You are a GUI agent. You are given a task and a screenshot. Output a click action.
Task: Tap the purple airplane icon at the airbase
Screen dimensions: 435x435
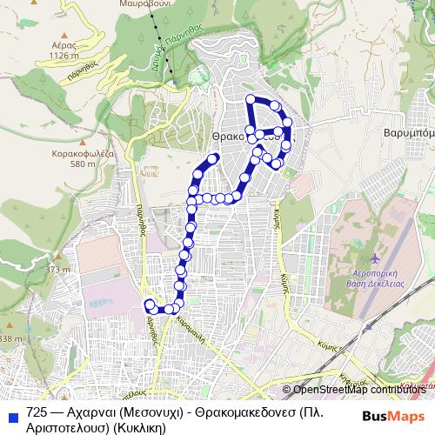coord(375,260)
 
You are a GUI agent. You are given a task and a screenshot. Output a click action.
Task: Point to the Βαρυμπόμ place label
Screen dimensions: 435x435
coord(409,136)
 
